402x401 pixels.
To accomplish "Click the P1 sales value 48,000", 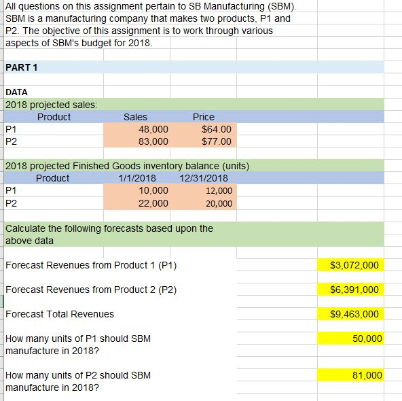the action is coord(153,129).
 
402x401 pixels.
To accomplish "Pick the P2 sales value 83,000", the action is coord(153,141).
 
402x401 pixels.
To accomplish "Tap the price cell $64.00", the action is coord(217,129).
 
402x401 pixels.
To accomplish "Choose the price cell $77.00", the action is coord(217,141).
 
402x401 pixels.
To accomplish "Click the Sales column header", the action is coord(135,117).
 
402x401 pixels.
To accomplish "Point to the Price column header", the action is coord(203,117).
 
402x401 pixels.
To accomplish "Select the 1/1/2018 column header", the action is coord(137,178).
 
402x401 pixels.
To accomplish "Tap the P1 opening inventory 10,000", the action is coord(153,191).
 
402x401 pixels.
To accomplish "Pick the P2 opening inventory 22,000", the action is coord(153,203).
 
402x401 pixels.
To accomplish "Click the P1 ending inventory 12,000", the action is coord(219,191).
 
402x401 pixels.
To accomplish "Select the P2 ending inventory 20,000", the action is coord(219,203).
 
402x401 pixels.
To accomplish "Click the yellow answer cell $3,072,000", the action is coord(354,265).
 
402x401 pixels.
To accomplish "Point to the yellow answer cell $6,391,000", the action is coord(354,290).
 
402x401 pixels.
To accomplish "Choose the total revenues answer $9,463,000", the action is coord(354,314).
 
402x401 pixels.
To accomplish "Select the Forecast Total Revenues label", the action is coord(60,314).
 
